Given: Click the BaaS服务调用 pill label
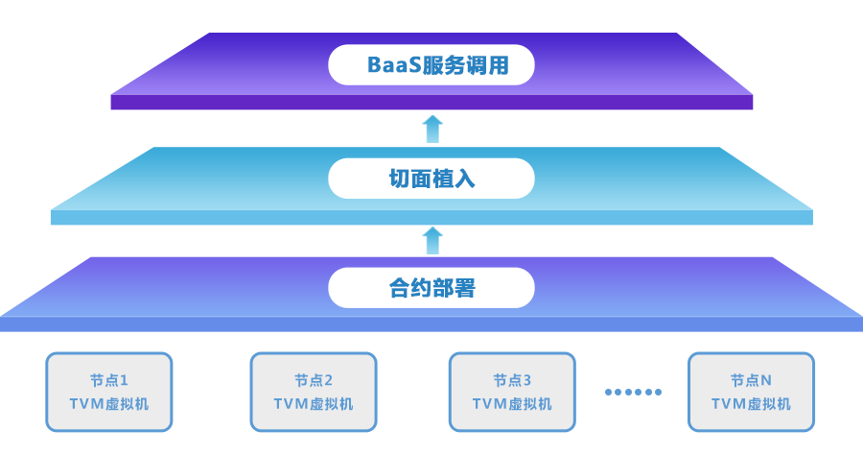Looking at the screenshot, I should click(431, 65).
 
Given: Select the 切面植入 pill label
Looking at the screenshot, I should click(431, 179).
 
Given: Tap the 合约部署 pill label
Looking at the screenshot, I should click(431, 288).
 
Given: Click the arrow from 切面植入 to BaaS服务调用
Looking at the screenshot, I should click(432, 129).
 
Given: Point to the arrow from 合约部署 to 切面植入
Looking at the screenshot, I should click(432, 240).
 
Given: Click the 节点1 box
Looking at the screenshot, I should click(108, 392).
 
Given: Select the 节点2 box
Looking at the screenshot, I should click(314, 392).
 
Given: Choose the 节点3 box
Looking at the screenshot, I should click(512, 392).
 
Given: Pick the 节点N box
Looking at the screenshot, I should click(751, 392).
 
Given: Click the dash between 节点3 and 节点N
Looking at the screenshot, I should click(633, 392).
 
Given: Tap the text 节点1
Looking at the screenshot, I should click(108, 380).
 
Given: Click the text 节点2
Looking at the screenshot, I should click(314, 380).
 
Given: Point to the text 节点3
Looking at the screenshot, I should click(512, 380).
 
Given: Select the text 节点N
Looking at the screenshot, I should click(751, 380).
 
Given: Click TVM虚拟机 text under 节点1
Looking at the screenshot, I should click(108, 404).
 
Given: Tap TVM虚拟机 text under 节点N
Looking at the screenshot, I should click(751, 404).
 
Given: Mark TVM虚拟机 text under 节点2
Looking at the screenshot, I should click(314, 404).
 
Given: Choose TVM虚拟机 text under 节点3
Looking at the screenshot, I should click(512, 404).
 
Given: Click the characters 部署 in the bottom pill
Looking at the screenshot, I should click(454, 288).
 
